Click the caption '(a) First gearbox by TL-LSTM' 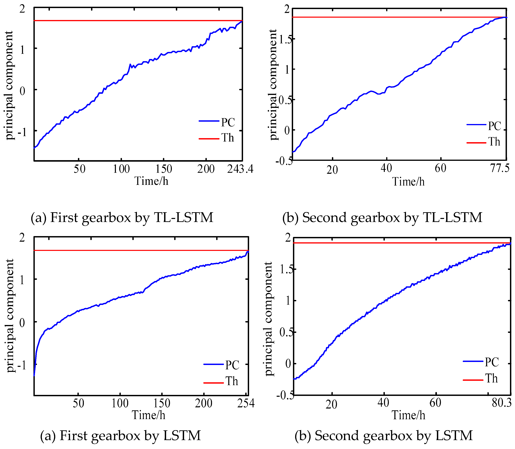point(122,217)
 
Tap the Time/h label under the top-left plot point(151,181)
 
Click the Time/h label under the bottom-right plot point(408,415)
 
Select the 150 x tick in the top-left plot point(164,169)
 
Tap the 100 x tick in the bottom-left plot point(120,403)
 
